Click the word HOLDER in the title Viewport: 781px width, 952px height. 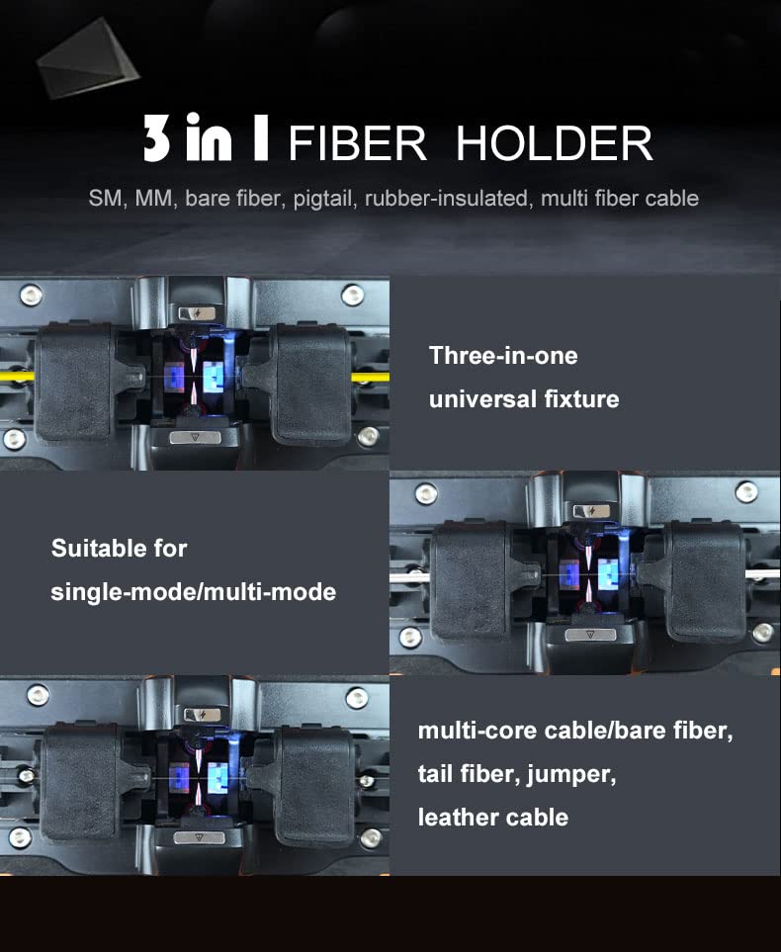click(554, 144)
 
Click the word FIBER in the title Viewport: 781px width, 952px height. click(357, 144)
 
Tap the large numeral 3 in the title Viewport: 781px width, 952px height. click(156, 141)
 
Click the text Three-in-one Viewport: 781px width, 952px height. click(503, 356)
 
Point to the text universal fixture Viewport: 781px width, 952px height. click(524, 399)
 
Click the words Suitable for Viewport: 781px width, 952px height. click(119, 548)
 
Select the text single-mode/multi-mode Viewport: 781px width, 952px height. click(194, 592)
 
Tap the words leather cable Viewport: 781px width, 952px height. click(493, 818)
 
